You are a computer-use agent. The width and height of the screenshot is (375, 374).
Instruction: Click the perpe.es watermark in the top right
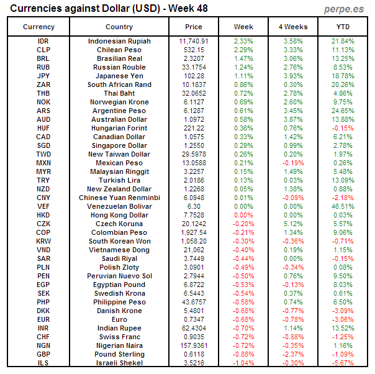343,9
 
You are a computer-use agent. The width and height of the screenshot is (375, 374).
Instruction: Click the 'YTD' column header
343,27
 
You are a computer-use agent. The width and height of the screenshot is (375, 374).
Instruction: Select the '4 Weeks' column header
293,27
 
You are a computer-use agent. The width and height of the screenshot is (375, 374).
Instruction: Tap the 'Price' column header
194,27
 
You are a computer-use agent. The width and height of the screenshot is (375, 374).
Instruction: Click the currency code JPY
43,76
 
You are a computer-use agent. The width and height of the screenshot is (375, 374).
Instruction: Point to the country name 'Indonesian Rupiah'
119,41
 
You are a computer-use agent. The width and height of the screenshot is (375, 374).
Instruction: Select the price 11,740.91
194,41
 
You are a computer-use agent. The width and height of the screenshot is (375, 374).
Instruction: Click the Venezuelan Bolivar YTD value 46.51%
343,206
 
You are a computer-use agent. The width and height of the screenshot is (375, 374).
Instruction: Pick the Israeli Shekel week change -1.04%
243,363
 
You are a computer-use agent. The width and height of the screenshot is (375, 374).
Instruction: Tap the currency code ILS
43,363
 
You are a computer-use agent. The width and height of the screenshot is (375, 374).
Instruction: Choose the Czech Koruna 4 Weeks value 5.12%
293,224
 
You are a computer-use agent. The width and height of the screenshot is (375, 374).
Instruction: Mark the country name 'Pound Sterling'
119,354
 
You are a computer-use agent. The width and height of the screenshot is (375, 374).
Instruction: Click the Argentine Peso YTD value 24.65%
343,111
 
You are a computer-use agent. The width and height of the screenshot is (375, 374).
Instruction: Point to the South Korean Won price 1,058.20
194,241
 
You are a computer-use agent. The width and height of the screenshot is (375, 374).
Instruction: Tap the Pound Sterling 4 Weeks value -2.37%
293,354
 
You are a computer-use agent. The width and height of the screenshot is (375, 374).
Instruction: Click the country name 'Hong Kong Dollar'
119,215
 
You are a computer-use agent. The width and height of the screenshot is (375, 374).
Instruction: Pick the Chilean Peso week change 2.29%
243,50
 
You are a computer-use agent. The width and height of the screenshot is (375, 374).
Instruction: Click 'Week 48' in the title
185,9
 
